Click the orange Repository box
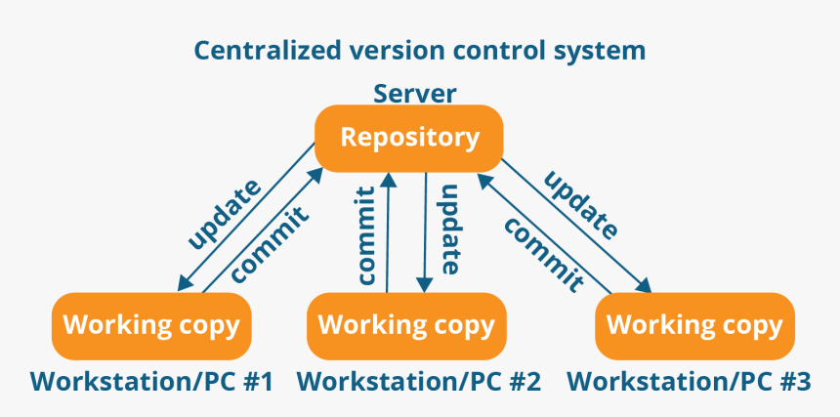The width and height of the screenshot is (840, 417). [x=409, y=138]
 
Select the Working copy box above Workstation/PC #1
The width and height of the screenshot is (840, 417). [x=151, y=325]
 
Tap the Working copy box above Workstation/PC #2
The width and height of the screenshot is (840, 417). [x=406, y=325]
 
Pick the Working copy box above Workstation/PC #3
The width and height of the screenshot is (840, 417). [x=694, y=325]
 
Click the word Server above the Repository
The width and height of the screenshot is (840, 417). [x=414, y=94]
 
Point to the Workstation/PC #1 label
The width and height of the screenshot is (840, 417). [x=151, y=382]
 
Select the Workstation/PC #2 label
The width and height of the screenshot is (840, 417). [x=419, y=382]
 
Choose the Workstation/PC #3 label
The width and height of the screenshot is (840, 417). [x=690, y=382]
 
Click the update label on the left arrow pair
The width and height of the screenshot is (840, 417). [x=225, y=213]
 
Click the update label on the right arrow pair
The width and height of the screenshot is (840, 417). [x=581, y=204]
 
